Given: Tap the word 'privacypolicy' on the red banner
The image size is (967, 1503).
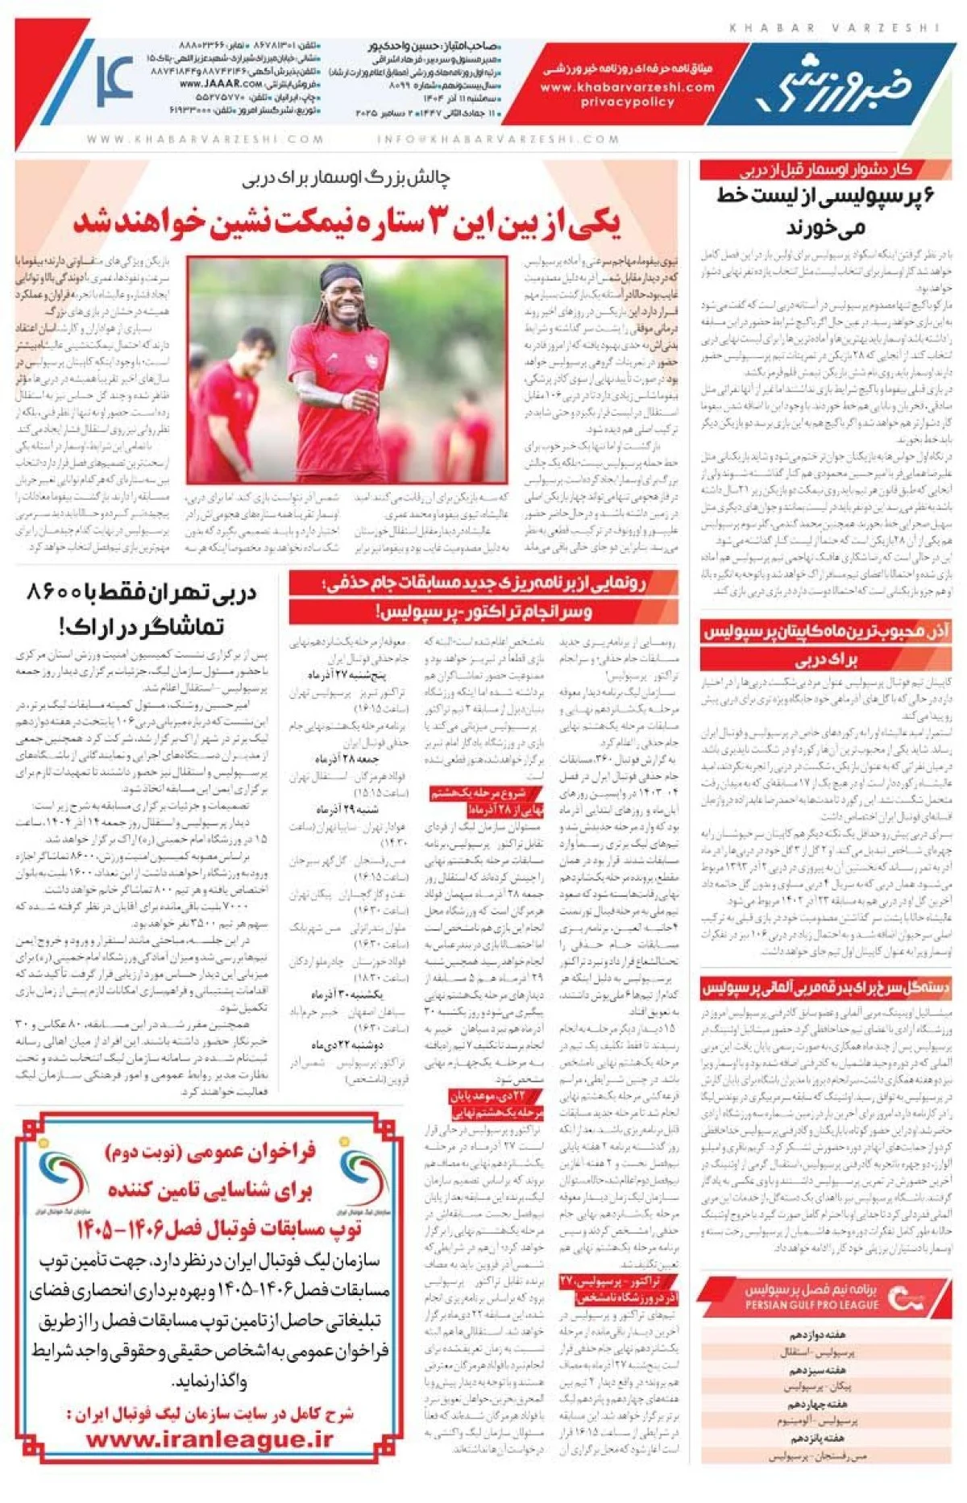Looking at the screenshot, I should tap(627, 102).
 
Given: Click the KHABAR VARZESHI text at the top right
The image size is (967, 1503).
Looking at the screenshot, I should tap(834, 27).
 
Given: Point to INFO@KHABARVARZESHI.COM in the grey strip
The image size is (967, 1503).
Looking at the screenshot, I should tap(499, 139).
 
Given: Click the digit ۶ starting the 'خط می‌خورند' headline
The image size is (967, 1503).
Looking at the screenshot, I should tap(927, 196).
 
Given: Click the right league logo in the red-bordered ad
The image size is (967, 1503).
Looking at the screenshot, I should tap(359, 1179).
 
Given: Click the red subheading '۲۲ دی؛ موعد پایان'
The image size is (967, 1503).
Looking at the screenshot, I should tap(497, 1096).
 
